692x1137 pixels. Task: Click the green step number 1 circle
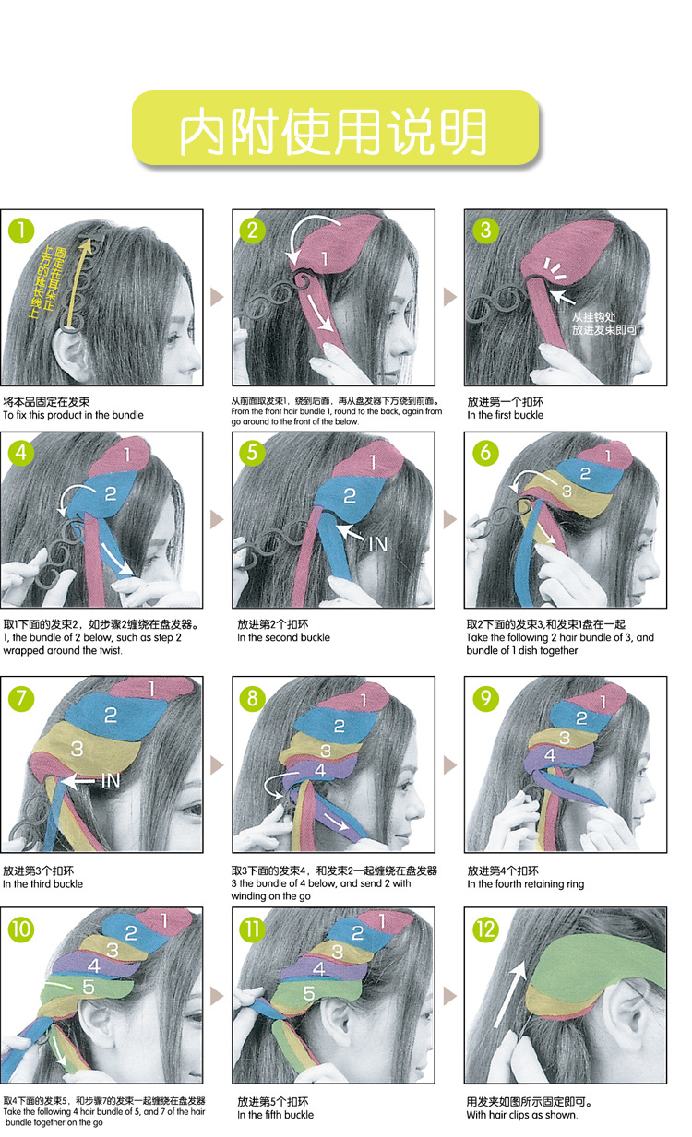[x=20, y=230]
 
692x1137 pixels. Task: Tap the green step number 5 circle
[x=253, y=453]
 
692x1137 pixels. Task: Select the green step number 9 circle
[x=484, y=698]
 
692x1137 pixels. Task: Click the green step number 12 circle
[x=485, y=929]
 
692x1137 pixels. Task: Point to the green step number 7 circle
[x=20, y=698]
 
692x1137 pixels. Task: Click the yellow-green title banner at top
[x=335, y=129]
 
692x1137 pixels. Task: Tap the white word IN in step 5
[x=378, y=543]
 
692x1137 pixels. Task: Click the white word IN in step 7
[x=110, y=780]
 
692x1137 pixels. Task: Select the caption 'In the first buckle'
[x=505, y=415]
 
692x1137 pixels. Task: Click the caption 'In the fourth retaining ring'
[x=525, y=884]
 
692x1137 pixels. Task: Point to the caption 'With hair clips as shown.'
[x=521, y=1115]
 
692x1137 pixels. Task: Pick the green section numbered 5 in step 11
[x=310, y=995]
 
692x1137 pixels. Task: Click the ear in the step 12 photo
[x=637, y=1005]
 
